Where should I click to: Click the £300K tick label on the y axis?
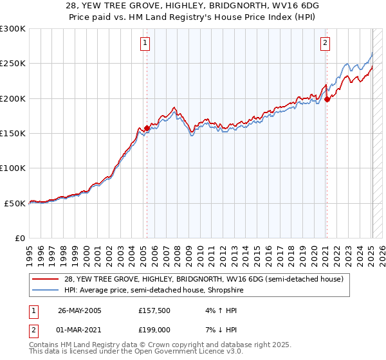pos(13,29)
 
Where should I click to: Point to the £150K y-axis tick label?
pos(13,134)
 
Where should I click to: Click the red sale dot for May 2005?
pos(147,128)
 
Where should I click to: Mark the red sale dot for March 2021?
pos(327,99)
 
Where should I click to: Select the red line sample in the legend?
pos(45,279)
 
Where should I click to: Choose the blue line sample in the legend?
pos(45,290)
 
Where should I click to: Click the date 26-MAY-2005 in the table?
pos(80,310)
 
